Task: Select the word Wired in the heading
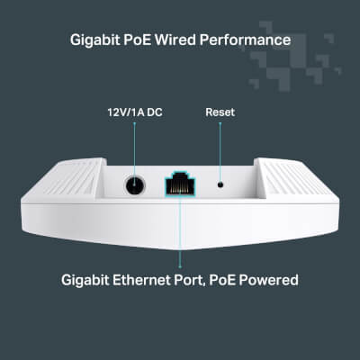175,40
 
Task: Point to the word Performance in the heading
245,40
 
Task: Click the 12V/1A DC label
135,112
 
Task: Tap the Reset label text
220,112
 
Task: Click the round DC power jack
135,185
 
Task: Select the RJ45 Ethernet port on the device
180,184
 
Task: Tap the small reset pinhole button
220,184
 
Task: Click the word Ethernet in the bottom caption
141,280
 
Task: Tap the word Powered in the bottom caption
269,280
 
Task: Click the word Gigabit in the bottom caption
85,281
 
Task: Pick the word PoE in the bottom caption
222,280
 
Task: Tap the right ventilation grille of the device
292,178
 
